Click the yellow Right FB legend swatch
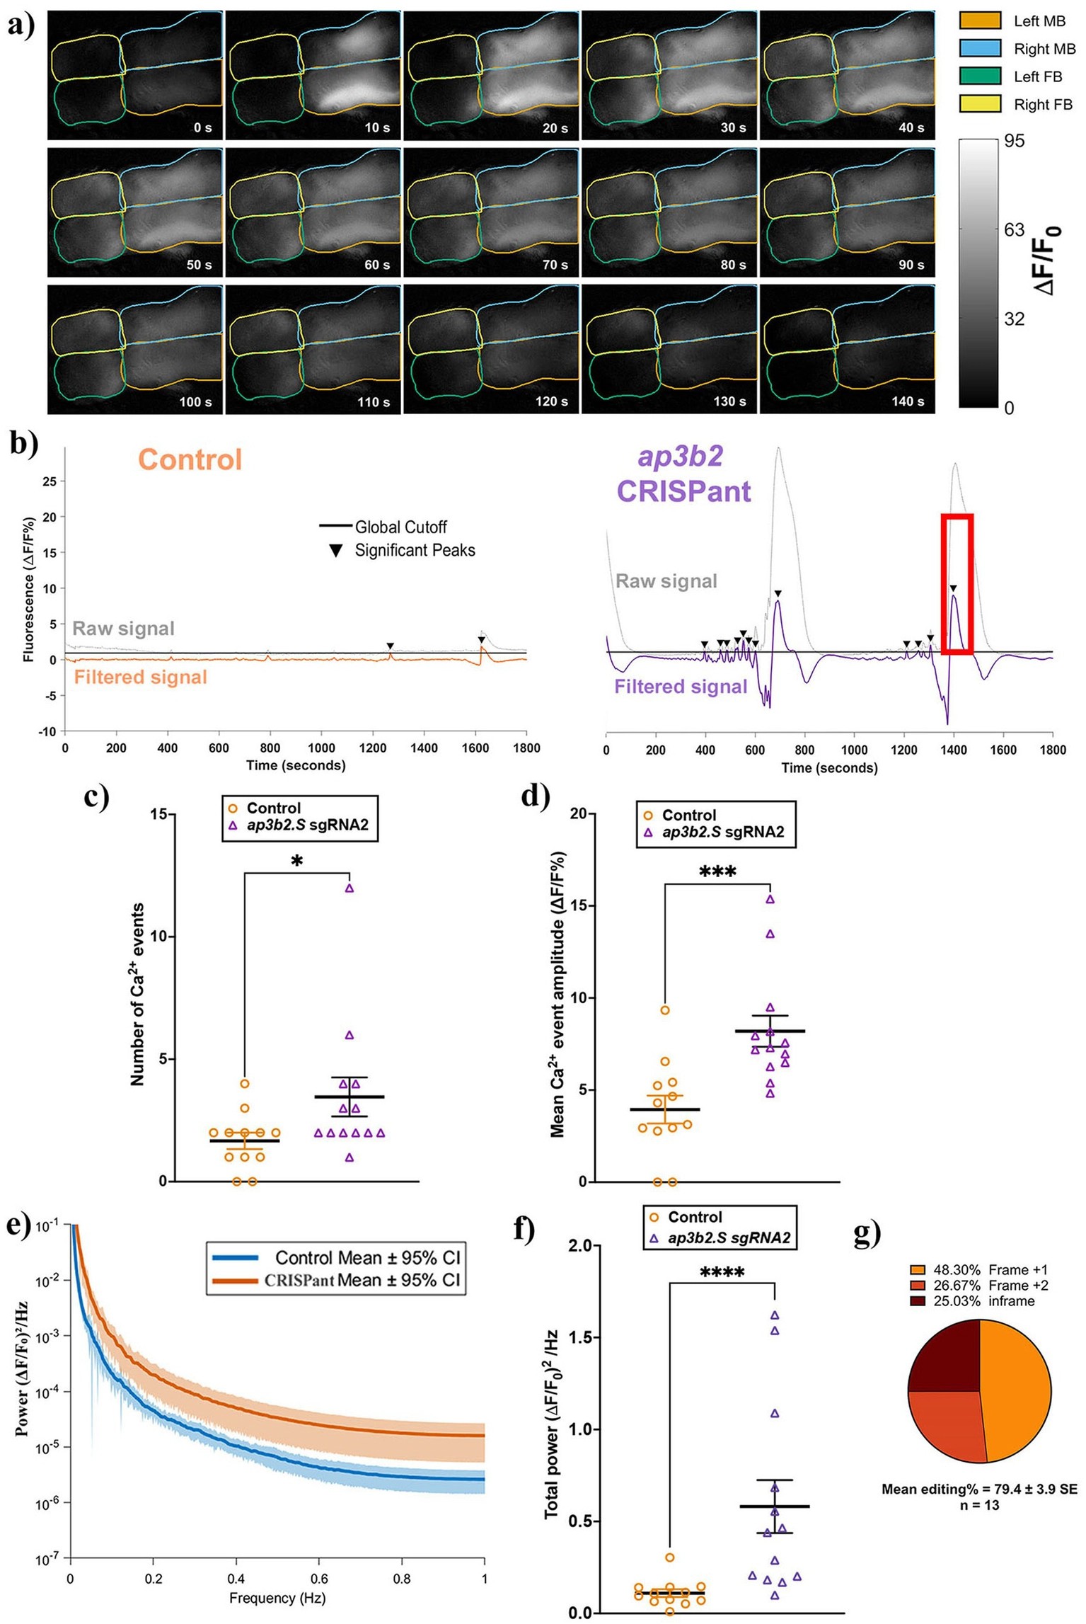pos(979,104)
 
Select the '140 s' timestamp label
pos(908,402)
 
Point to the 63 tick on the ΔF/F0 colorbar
pos(1014,229)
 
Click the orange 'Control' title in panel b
pos(190,459)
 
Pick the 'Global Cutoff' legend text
pos(400,527)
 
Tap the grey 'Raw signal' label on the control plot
pos(123,629)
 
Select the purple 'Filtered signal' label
pos(680,686)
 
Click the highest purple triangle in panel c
pos(349,888)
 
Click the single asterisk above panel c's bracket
pos(297,862)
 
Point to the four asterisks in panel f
pos(722,1274)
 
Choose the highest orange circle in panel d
pos(665,1010)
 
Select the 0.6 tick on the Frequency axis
pos(318,1579)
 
